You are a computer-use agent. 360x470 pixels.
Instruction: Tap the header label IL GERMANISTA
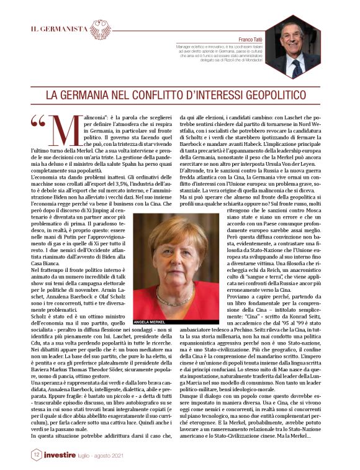pyautogui.click(x=60, y=29)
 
